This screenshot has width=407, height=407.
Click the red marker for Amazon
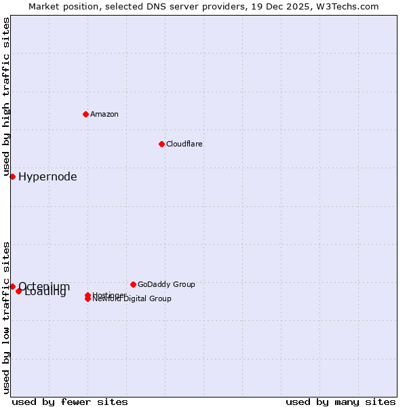(85, 114)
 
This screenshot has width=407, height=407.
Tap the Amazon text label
(104, 114)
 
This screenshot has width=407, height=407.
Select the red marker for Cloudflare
(161, 144)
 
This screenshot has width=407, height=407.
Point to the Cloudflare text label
(185, 144)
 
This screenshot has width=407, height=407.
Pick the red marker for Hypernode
(12, 176)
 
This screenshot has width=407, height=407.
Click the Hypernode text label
(47, 177)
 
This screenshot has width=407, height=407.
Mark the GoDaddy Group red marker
(133, 284)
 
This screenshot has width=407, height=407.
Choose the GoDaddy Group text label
(166, 284)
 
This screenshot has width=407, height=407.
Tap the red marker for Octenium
(12, 286)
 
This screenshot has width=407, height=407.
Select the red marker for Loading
(19, 291)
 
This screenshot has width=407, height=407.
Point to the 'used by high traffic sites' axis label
(6, 97)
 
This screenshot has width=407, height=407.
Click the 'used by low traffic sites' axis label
(6, 317)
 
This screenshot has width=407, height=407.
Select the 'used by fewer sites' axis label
(70, 402)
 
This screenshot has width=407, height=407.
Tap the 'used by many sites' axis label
(341, 402)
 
